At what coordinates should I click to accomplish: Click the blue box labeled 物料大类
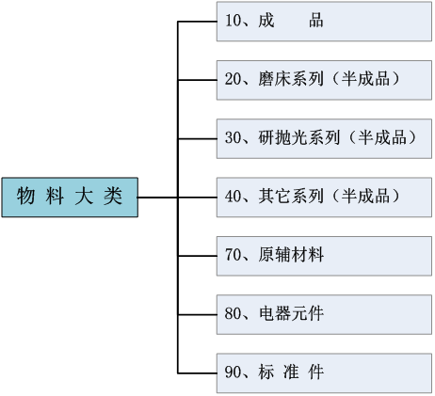(x=70, y=198)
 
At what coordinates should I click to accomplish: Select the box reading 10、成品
(x=324, y=22)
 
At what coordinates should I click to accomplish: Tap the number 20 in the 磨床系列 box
(x=233, y=79)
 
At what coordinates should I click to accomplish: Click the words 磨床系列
(x=291, y=79)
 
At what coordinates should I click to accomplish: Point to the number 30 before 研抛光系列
(x=233, y=137)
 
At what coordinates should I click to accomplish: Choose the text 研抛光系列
(x=299, y=137)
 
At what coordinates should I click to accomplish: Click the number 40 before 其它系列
(x=233, y=196)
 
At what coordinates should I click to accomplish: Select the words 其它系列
(x=291, y=196)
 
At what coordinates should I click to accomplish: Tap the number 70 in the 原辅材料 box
(x=233, y=255)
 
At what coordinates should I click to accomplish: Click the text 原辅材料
(x=291, y=255)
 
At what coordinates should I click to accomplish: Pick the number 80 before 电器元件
(x=233, y=313)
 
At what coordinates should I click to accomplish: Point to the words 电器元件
(x=291, y=313)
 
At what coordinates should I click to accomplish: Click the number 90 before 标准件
(x=233, y=372)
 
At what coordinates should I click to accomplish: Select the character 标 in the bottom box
(x=266, y=372)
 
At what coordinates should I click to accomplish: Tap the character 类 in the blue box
(x=113, y=197)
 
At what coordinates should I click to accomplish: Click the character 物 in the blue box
(x=25, y=197)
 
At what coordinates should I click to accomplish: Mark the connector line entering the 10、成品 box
(x=197, y=22)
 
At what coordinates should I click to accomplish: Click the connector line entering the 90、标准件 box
(x=197, y=373)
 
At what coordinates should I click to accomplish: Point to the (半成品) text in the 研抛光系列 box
(x=382, y=137)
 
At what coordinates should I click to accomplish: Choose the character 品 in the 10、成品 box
(x=315, y=21)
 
